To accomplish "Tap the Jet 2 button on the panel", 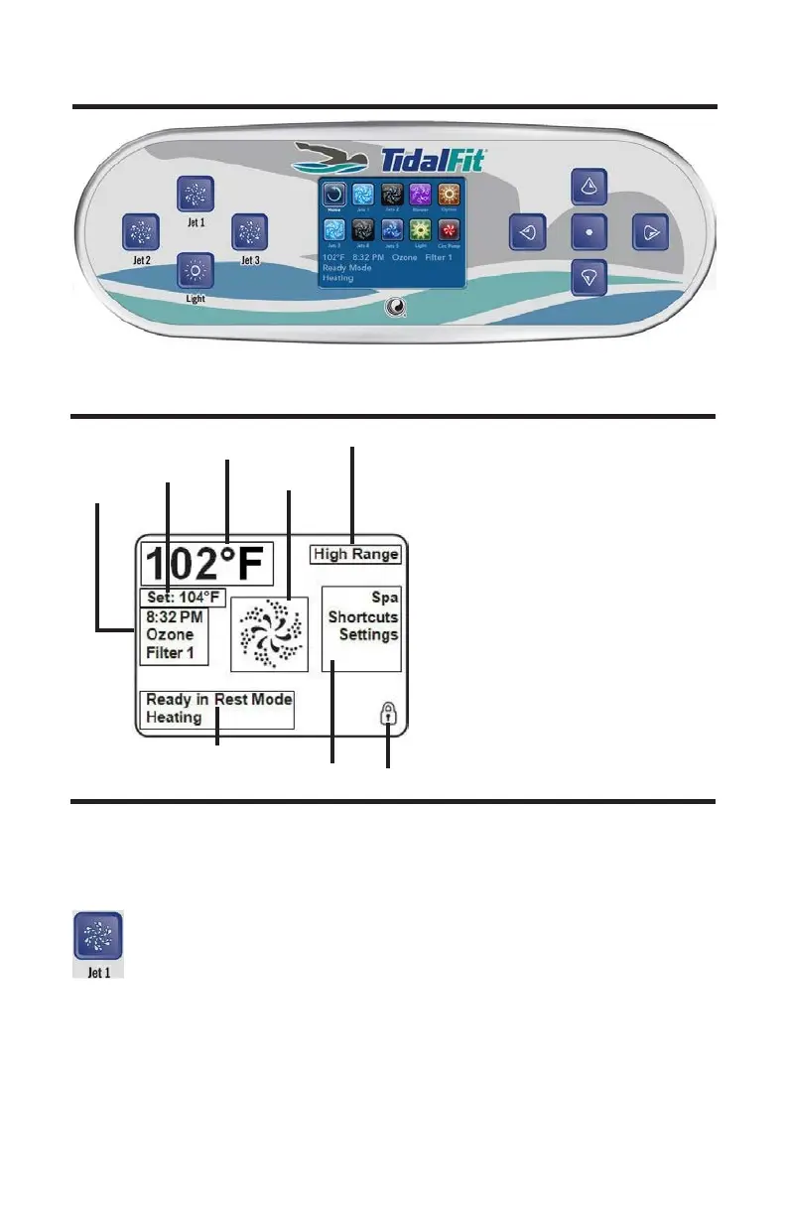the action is [140, 232].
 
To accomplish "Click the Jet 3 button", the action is [249, 232].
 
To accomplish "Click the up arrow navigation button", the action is [589, 187].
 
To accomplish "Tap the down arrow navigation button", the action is [589, 278].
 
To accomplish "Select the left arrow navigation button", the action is [527, 232].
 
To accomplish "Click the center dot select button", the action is [589, 232].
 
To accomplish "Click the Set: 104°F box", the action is [183, 598].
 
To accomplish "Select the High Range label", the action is [355, 554].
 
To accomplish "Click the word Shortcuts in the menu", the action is [363, 616].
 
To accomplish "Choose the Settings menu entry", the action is [368, 634].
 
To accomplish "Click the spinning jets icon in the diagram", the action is [262, 632].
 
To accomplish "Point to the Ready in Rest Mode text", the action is [219, 699].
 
